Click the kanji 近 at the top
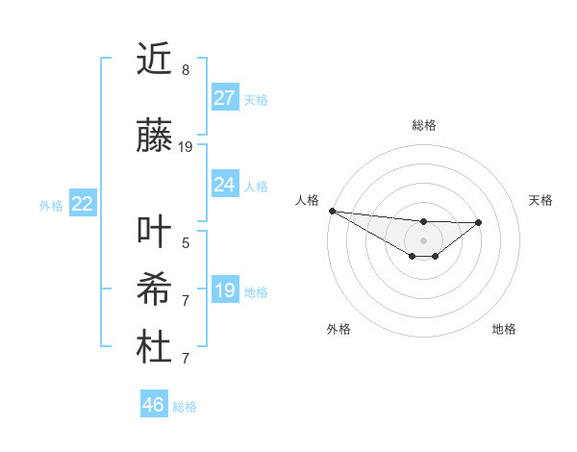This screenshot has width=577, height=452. [154, 61]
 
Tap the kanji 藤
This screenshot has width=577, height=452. [154, 138]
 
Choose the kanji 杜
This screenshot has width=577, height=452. [154, 348]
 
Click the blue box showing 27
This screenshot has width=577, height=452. [225, 98]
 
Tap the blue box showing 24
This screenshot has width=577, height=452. [225, 185]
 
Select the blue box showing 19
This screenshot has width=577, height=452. [225, 290]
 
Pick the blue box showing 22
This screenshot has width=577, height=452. [83, 204]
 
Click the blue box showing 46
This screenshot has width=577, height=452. [154, 405]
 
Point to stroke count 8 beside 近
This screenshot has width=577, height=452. [186, 70]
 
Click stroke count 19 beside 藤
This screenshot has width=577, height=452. [186, 147]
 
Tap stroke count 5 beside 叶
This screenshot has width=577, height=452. [186, 243]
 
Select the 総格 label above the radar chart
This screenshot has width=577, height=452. [423, 125]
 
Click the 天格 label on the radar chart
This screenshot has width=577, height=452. [540, 200]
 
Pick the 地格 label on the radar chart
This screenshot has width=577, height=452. [504, 329]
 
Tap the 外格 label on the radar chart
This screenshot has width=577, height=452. [339, 329]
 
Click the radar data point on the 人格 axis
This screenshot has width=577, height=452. [332, 211]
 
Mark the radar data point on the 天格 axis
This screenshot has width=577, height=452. [479, 222]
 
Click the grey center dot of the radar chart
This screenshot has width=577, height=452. [423, 239]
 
